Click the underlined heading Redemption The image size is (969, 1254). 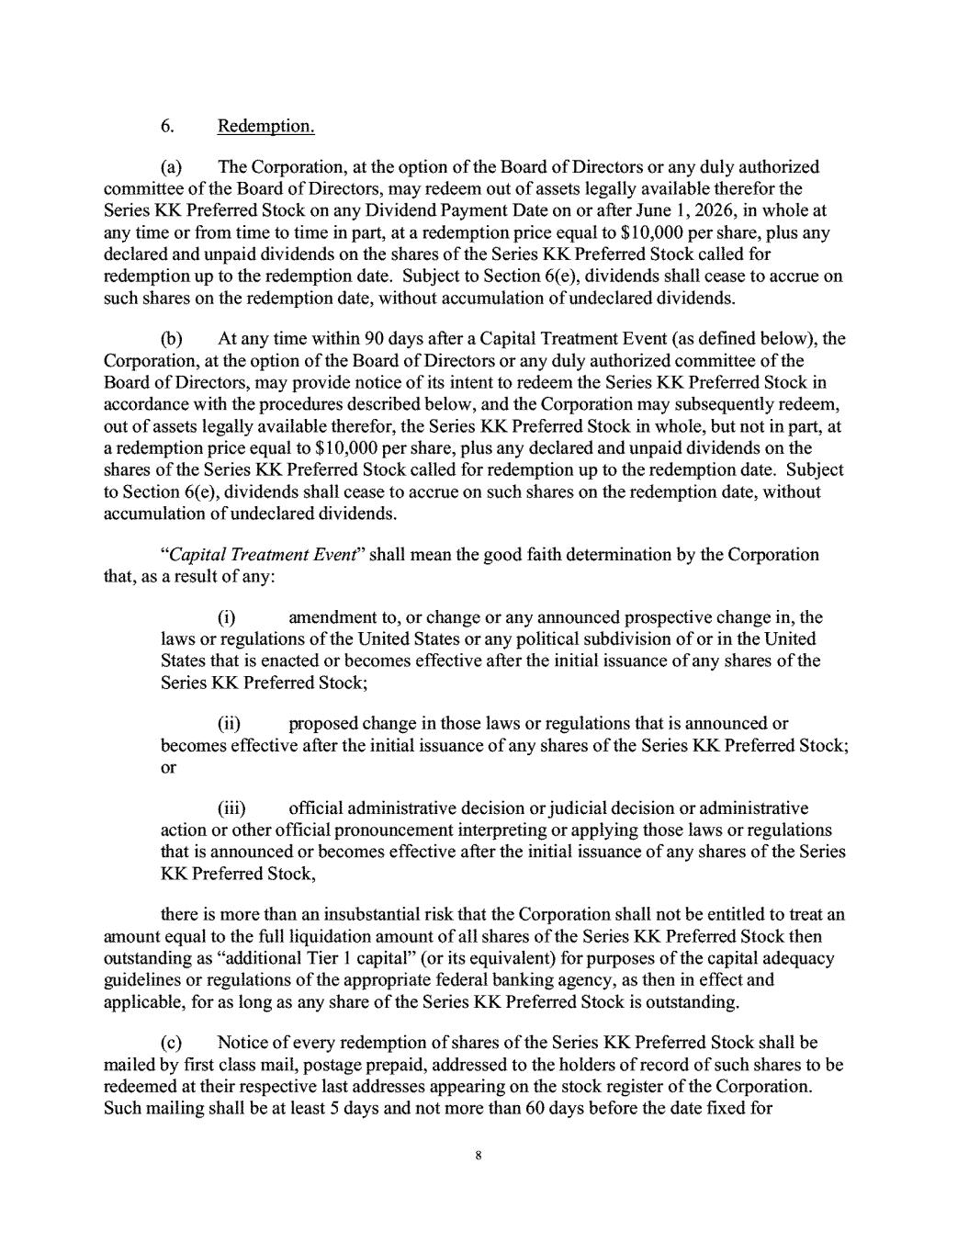pos(266,126)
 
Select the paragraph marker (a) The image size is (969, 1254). pos(170,167)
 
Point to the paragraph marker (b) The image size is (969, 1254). pos(171,338)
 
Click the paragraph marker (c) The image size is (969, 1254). pos(170,1043)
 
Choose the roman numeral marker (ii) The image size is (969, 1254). pos(229,724)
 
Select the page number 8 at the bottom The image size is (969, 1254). pos(479,1156)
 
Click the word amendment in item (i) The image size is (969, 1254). pos(332,617)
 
